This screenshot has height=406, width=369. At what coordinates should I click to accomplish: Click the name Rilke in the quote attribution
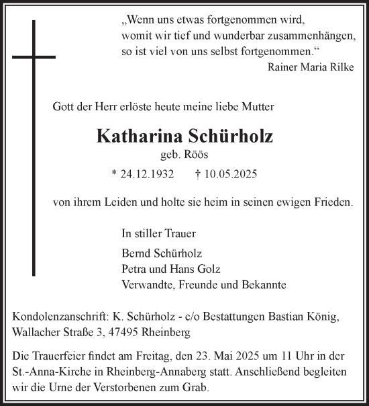(x=339, y=67)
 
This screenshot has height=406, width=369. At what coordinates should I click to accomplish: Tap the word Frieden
(x=334, y=201)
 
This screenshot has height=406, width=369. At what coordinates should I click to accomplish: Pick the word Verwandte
(x=146, y=284)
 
